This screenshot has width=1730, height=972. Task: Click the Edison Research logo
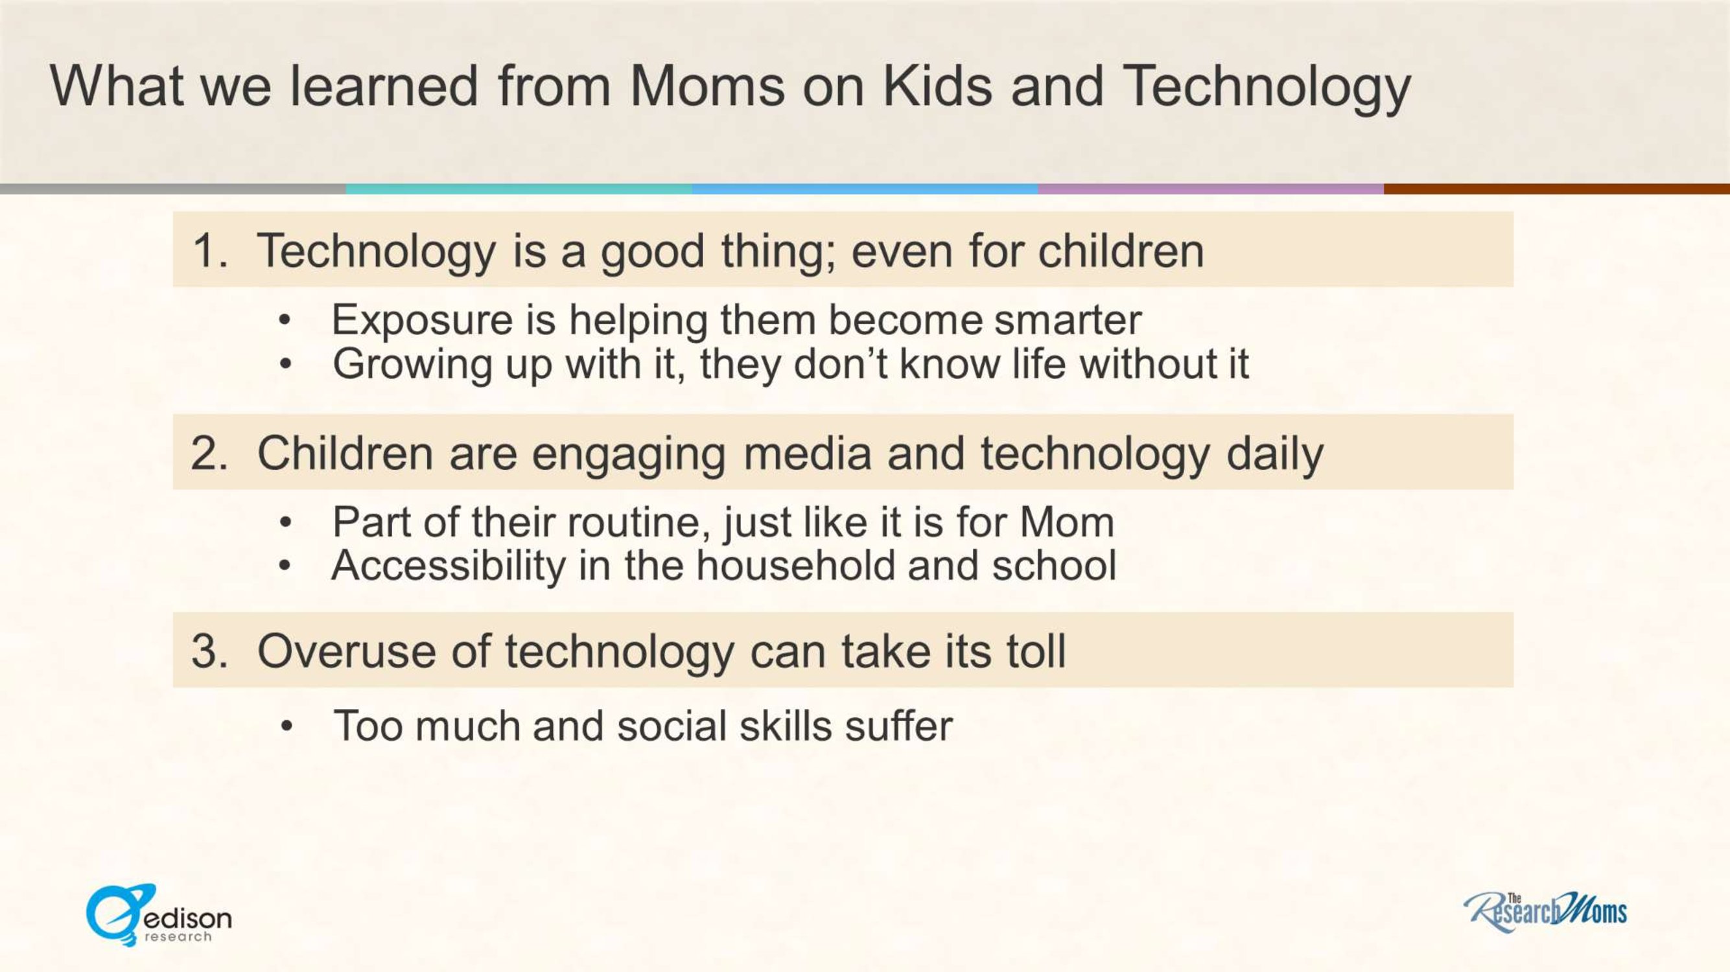(159, 915)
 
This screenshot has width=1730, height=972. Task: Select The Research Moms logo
(1545, 912)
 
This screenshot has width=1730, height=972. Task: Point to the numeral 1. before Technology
(210, 250)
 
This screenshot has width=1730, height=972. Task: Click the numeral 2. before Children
(210, 453)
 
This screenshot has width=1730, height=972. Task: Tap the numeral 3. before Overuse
(210, 651)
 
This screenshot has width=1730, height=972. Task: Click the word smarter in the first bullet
(1068, 320)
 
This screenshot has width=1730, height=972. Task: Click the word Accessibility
(449, 566)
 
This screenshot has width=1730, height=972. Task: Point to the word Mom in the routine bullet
(1067, 522)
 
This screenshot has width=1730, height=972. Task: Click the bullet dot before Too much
(286, 726)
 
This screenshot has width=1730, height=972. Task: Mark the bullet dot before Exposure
(285, 321)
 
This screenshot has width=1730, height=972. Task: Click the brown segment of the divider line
(1557, 189)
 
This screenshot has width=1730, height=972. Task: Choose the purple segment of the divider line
(1211, 189)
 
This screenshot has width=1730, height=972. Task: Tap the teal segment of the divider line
(519, 189)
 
